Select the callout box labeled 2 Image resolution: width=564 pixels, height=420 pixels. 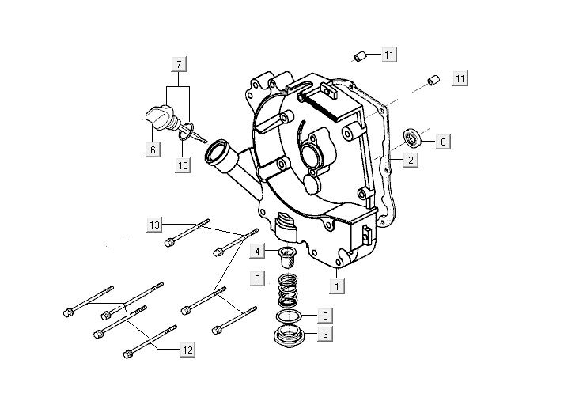(x=410, y=161)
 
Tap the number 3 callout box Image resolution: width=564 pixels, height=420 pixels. (x=324, y=335)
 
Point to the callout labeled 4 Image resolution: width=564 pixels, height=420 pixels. (x=258, y=252)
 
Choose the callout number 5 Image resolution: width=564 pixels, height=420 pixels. (x=258, y=278)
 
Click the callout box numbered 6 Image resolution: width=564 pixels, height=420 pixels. (x=153, y=148)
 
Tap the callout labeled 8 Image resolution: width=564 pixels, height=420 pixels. (x=443, y=142)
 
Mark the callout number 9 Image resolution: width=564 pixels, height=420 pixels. (x=324, y=315)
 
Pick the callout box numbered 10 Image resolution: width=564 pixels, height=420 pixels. (x=183, y=165)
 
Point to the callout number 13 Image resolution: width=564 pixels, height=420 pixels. (x=153, y=225)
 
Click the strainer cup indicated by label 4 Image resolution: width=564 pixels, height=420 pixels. (x=286, y=257)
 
